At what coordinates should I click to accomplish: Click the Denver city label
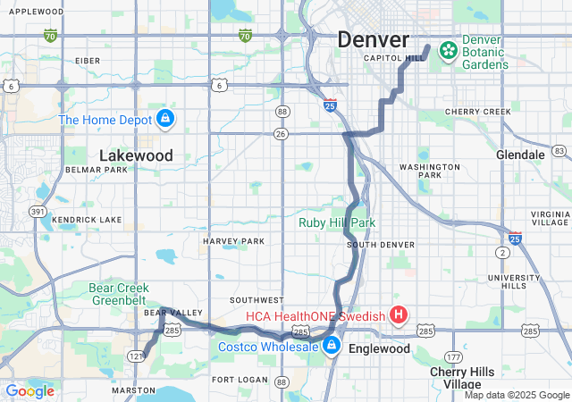(x=373, y=39)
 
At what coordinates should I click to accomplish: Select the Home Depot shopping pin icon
(x=165, y=119)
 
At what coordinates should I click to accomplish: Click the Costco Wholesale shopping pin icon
(x=332, y=347)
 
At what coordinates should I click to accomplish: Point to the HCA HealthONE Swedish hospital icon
(x=399, y=315)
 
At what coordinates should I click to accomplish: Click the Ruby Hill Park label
(x=337, y=222)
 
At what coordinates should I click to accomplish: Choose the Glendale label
(x=520, y=155)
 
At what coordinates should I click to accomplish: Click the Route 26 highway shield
(x=282, y=134)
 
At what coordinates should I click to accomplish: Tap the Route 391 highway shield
(x=38, y=212)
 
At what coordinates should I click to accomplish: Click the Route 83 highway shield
(x=559, y=150)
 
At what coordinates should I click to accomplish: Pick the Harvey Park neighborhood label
(x=233, y=241)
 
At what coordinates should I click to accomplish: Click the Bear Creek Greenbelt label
(x=124, y=294)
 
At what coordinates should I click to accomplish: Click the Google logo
(x=29, y=390)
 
